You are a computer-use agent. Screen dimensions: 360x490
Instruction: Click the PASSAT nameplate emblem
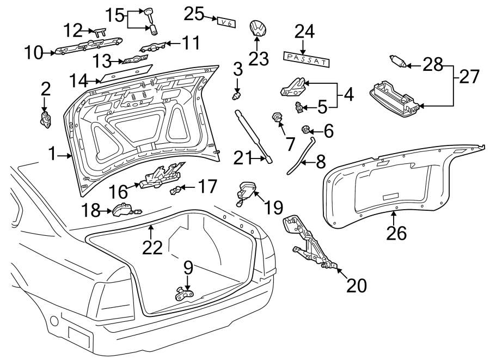click(x=306, y=59)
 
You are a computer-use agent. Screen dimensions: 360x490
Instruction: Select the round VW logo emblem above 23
click(x=256, y=29)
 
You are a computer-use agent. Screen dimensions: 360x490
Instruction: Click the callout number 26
click(x=396, y=233)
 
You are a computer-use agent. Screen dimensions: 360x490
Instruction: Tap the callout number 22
click(x=153, y=247)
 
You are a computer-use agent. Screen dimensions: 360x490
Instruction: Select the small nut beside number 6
click(x=306, y=130)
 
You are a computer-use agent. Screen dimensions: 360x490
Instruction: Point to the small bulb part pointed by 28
click(x=397, y=62)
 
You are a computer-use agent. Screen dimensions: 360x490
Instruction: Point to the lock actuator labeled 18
click(x=125, y=209)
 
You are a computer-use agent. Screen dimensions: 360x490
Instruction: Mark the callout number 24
click(x=304, y=33)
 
